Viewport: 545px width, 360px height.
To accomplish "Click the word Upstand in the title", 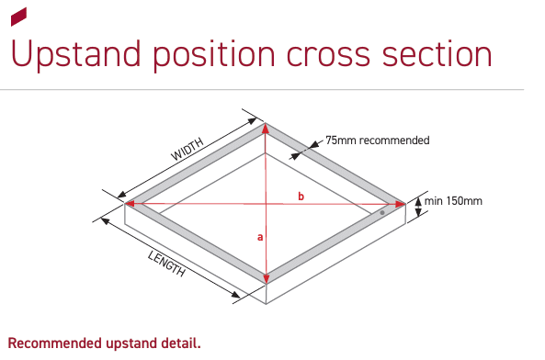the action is (x=75, y=55).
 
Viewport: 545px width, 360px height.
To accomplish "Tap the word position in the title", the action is (x=214, y=55).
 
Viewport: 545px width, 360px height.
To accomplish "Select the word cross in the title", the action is (x=328, y=56).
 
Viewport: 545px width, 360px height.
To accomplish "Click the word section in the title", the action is (x=437, y=54).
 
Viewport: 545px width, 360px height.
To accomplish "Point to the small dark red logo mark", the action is (x=18, y=17).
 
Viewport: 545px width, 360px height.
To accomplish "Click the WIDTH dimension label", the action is (x=187, y=149).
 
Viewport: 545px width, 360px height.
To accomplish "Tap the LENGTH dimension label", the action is (x=166, y=264).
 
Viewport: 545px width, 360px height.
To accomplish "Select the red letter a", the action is (x=260, y=238).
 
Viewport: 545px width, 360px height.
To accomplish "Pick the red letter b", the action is (x=301, y=197).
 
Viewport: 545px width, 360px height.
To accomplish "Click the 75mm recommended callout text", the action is (x=378, y=141).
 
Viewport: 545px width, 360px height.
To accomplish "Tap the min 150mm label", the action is (x=453, y=201).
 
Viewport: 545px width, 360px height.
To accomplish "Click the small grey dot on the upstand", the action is (x=382, y=212).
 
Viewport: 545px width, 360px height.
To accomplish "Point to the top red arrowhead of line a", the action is (x=266, y=129).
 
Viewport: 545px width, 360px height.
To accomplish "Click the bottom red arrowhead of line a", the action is (x=267, y=278).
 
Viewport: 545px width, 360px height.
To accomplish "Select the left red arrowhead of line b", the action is (x=130, y=204).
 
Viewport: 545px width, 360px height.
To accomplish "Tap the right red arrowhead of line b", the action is (x=400, y=204).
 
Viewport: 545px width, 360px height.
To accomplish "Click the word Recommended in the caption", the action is (x=54, y=343).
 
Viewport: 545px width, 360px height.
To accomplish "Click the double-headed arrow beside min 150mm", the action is (x=418, y=207).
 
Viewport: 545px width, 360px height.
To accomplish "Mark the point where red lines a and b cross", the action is (x=266, y=204).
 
